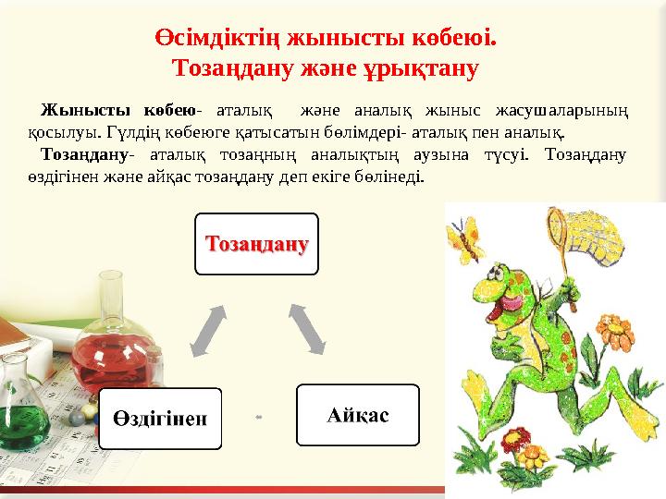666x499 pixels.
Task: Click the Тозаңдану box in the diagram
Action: pos(256,244)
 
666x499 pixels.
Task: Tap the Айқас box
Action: pos(357,415)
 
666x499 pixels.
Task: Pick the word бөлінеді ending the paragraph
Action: pos(394,175)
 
